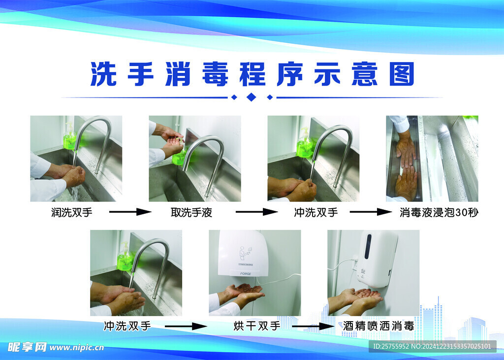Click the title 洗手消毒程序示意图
252,74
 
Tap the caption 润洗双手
72,212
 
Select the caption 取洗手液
191,212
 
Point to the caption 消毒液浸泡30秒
439,212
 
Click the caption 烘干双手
256,326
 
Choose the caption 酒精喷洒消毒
378,326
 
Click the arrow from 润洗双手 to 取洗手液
130,212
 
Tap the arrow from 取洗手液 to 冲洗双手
256,212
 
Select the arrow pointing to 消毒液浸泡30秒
371,212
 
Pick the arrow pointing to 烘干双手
186,326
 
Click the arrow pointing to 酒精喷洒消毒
313,326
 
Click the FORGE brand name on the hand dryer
246,274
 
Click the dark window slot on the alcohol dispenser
368,246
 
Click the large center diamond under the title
252,97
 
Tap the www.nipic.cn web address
77,348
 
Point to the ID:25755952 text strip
432,346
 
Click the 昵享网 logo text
27,347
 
